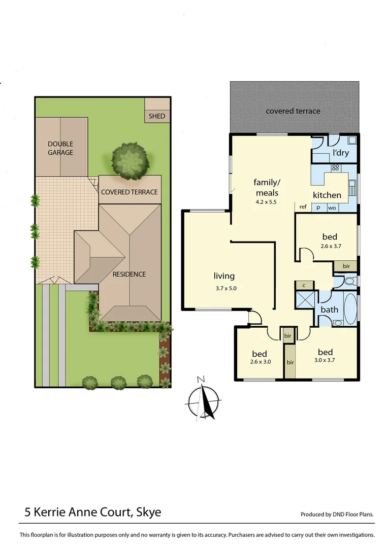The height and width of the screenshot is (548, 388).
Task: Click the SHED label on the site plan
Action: point(157,116)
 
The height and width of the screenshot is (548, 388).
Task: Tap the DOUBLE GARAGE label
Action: point(60,148)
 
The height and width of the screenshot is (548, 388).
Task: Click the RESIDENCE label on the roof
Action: point(129,274)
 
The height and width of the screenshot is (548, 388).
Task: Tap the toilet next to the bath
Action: point(348,281)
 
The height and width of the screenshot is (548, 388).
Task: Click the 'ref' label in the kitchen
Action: point(303,207)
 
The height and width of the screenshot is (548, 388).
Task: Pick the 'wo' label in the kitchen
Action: point(332,207)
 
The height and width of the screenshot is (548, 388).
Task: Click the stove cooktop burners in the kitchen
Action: point(335,167)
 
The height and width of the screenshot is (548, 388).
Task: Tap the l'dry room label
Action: point(340,153)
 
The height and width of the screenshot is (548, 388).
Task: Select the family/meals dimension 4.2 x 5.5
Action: point(267,201)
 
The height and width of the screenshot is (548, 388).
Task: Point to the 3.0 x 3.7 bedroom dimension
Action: point(325,361)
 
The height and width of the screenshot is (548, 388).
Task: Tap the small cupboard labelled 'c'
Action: point(304,286)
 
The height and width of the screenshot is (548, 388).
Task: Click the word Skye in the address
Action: point(148,512)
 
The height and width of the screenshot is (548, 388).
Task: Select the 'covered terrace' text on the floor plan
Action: point(293,111)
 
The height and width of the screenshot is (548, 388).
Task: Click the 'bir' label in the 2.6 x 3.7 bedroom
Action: point(346,266)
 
